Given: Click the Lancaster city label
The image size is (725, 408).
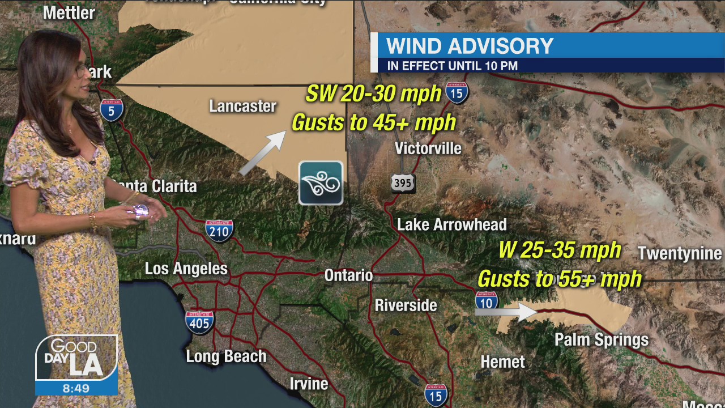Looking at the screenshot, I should coord(242,106).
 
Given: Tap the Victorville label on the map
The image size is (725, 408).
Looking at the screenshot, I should coord(428,148).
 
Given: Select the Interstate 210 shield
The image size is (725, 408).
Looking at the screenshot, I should coord(219,230).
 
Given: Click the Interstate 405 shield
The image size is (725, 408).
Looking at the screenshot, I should coord(199,321).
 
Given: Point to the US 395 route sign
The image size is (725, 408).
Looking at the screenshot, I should coord(402,182).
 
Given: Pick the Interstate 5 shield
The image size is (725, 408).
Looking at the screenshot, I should coord(112,110).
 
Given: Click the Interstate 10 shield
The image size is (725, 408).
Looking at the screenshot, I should coord(487,300).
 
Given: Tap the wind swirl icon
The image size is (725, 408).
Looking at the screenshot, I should coord(321,183).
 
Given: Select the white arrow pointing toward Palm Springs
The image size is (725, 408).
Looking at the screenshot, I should coord(506,311).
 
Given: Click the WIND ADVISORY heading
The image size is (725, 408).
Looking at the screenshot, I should coord(470,46).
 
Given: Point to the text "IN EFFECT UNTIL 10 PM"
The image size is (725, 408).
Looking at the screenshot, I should coord(452,66).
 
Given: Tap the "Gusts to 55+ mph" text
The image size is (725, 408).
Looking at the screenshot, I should coord(560,279).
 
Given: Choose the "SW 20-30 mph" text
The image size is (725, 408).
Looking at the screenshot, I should coord(373,93).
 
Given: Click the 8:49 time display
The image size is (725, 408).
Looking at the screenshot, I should coord(76,388).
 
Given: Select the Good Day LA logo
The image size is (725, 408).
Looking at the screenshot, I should coord(76,358).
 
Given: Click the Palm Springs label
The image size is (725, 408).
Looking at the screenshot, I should coord(601,339).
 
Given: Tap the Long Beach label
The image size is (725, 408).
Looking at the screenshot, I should coord(226,356).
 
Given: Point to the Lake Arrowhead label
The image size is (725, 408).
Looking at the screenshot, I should coord(451,224).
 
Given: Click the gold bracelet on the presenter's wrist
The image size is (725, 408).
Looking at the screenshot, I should coord(93,220).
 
